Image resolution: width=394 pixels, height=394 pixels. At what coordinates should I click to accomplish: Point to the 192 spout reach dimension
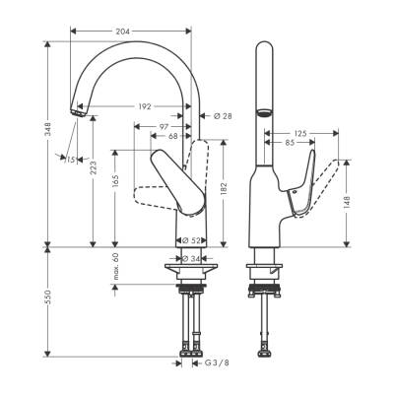(x=144, y=105)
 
